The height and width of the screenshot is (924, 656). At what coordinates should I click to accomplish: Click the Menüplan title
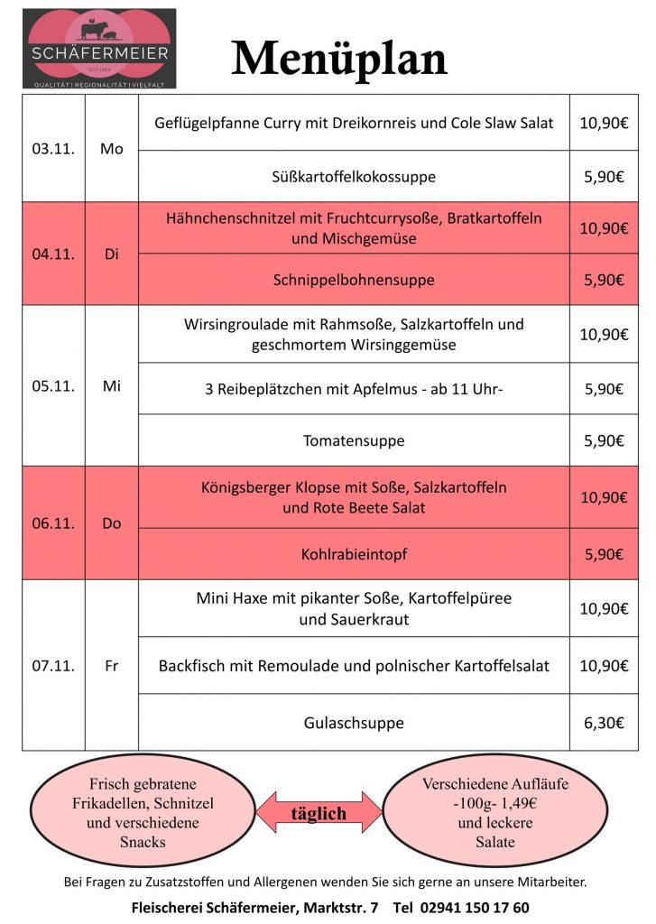click(339, 59)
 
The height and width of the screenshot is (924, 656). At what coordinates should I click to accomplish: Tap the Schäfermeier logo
click(100, 49)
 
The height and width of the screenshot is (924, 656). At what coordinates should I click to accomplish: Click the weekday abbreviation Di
click(112, 254)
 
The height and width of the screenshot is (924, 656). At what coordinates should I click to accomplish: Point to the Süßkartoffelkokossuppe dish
click(354, 177)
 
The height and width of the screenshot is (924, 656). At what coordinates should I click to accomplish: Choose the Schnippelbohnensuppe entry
click(354, 280)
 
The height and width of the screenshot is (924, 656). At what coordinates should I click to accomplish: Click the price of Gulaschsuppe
click(604, 723)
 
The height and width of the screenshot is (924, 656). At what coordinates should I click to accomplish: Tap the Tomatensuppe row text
click(354, 441)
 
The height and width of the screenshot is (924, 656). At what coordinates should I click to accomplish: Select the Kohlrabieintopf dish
click(354, 554)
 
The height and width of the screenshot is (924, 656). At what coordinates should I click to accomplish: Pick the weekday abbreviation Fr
click(112, 666)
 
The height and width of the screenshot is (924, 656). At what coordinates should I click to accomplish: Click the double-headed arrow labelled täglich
click(319, 813)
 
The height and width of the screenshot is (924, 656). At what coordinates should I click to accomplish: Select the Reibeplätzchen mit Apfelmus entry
click(354, 390)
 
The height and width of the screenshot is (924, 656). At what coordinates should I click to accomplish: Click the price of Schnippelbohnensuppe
click(604, 280)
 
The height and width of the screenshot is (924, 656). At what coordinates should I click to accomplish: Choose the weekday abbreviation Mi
click(112, 386)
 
